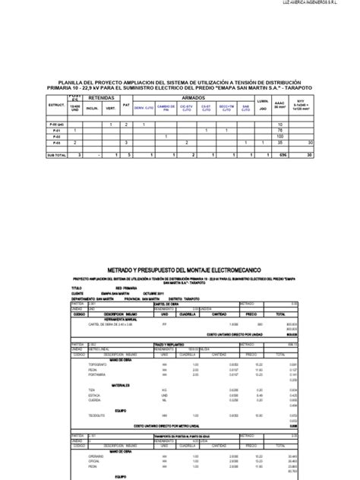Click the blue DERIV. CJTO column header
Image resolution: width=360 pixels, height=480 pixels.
coord(144,108)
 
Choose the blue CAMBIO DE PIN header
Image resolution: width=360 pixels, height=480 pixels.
coord(166,108)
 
